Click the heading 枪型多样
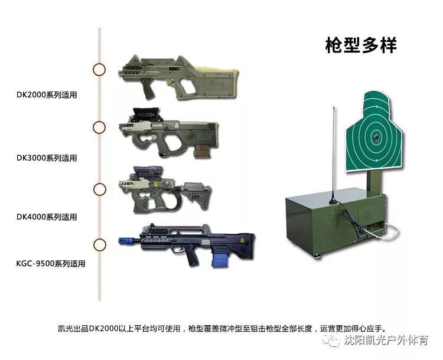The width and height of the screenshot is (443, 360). click(x=361, y=45)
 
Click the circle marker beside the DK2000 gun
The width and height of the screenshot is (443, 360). click(x=100, y=70)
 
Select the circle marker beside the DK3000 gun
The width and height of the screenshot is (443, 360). click(x=100, y=127)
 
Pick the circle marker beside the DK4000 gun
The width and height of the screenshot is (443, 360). click(x=100, y=189)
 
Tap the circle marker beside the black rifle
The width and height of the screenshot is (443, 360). click(x=100, y=244)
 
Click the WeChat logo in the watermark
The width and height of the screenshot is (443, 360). click(x=335, y=341)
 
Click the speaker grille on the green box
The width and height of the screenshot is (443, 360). click(x=369, y=212)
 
